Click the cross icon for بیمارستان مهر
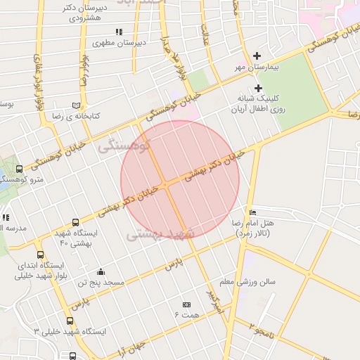coord(257,56)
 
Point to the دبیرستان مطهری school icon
coord(119,32)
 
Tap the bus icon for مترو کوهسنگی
coord(19,169)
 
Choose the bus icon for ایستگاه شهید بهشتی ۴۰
coord(75,222)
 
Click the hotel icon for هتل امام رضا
coord(252,212)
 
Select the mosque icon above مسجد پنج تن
coord(101,272)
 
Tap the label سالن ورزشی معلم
coord(247,281)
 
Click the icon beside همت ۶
coord(186,304)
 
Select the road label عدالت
coord(206,32)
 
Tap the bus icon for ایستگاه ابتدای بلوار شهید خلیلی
coord(40,255)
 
